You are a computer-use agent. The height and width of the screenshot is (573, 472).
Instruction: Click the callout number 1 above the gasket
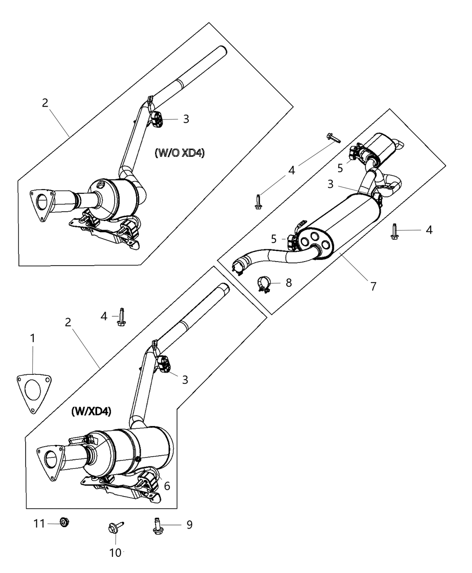pyautogui.click(x=32, y=338)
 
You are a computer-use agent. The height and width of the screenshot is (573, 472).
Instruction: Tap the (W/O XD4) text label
pyautogui.click(x=179, y=153)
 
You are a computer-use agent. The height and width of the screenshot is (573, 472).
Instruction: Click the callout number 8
pyautogui.click(x=289, y=283)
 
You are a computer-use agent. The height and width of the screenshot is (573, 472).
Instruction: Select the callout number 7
pyautogui.click(x=374, y=286)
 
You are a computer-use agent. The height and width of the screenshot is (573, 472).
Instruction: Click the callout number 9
pyautogui.click(x=189, y=524)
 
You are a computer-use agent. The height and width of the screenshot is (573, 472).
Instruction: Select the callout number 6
pyautogui.click(x=167, y=486)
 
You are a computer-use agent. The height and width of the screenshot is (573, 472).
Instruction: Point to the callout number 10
pyautogui.click(x=116, y=553)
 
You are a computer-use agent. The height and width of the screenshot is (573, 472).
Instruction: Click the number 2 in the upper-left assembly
pyautogui.click(x=45, y=102)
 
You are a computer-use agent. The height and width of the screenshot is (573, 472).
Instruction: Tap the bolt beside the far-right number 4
pyautogui.click(x=395, y=231)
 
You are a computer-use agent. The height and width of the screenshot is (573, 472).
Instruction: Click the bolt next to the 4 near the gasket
pyautogui.click(x=120, y=317)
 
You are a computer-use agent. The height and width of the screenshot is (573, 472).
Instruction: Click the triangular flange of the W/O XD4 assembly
pyautogui.click(x=41, y=205)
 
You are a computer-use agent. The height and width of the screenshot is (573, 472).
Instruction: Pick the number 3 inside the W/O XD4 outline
pyautogui.click(x=186, y=119)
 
